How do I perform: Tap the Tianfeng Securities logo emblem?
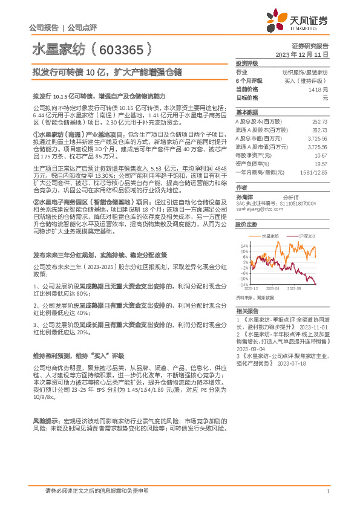point(278,21)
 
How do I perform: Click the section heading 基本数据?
point(246,112)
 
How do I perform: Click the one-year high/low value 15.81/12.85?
point(314,172)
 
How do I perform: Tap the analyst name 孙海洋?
point(244,196)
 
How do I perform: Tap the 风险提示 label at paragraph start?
point(45,421)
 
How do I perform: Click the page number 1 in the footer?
point(327,491)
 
